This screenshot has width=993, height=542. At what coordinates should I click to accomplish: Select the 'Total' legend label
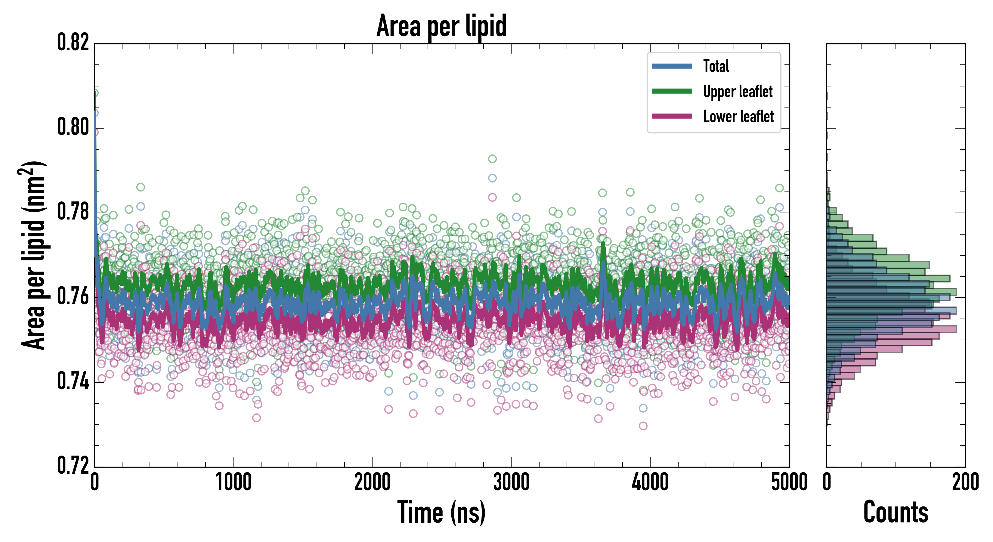pyautogui.click(x=716, y=66)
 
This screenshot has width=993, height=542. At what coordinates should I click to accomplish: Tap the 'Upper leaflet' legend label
pyautogui.click(x=738, y=92)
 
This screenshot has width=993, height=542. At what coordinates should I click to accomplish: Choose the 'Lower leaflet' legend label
pyautogui.click(x=738, y=117)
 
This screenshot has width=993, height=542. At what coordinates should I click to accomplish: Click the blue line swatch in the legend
pyautogui.click(x=672, y=66)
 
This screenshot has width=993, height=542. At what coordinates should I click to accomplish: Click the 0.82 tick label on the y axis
pyautogui.click(x=73, y=42)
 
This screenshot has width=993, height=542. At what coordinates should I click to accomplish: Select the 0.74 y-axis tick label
pyautogui.click(x=73, y=381)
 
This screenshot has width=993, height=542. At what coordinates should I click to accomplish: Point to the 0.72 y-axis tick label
pyautogui.click(x=73, y=465)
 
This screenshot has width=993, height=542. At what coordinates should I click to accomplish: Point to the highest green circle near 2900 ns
pyautogui.click(x=492, y=159)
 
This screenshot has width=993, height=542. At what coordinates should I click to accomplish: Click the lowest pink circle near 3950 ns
pyautogui.click(x=643, y=426)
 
